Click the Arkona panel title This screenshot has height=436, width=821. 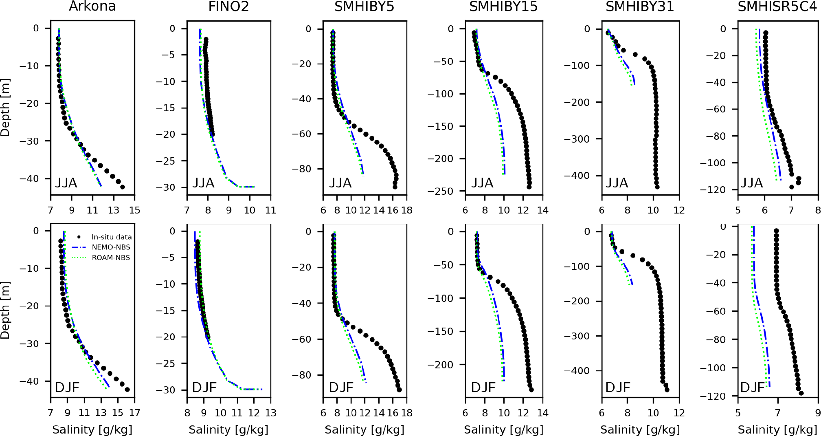pos(92,7)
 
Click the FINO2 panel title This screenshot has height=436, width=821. pos(228,7)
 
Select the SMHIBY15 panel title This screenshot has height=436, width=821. pos(503,7)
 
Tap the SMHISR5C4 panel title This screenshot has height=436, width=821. pos(777,7)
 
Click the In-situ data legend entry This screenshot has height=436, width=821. pos(111,237)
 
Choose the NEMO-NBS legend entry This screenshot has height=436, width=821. pos(111,247)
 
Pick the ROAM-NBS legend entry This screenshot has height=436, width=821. pos(111,258)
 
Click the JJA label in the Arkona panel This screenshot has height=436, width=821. pos(66,183)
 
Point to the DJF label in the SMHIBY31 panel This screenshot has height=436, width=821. pos(618,387)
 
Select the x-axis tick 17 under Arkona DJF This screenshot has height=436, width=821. pos(135,413)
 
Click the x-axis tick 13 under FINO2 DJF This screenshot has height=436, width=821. pos(271,413)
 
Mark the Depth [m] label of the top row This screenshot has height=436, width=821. pos(5,108)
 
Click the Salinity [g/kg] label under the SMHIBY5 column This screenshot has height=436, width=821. pos(364,430)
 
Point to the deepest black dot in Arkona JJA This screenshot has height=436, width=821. pos(122,187)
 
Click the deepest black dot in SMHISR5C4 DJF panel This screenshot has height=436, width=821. pos(801,393)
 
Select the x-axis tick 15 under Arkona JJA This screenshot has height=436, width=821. pos(135,210)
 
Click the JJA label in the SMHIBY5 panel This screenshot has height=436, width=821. pos(340,183)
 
